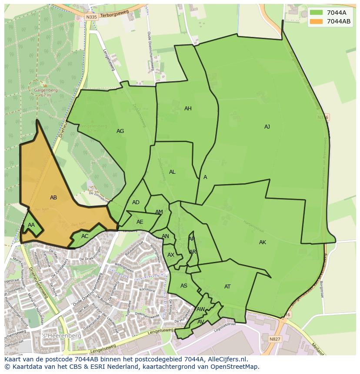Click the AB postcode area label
coord(53,198)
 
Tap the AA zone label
coord(31,225)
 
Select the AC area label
coord(85,236)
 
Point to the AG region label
coord(120,131)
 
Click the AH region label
coord(188,109)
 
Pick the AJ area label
coord(267,127)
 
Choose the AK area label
coord(263,242)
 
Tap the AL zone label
coord(172,172)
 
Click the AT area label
coord(227,287)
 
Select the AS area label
coord(184,286)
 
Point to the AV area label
coord(201,322)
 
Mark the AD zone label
coord(136,202)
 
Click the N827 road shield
coord(275,339)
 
